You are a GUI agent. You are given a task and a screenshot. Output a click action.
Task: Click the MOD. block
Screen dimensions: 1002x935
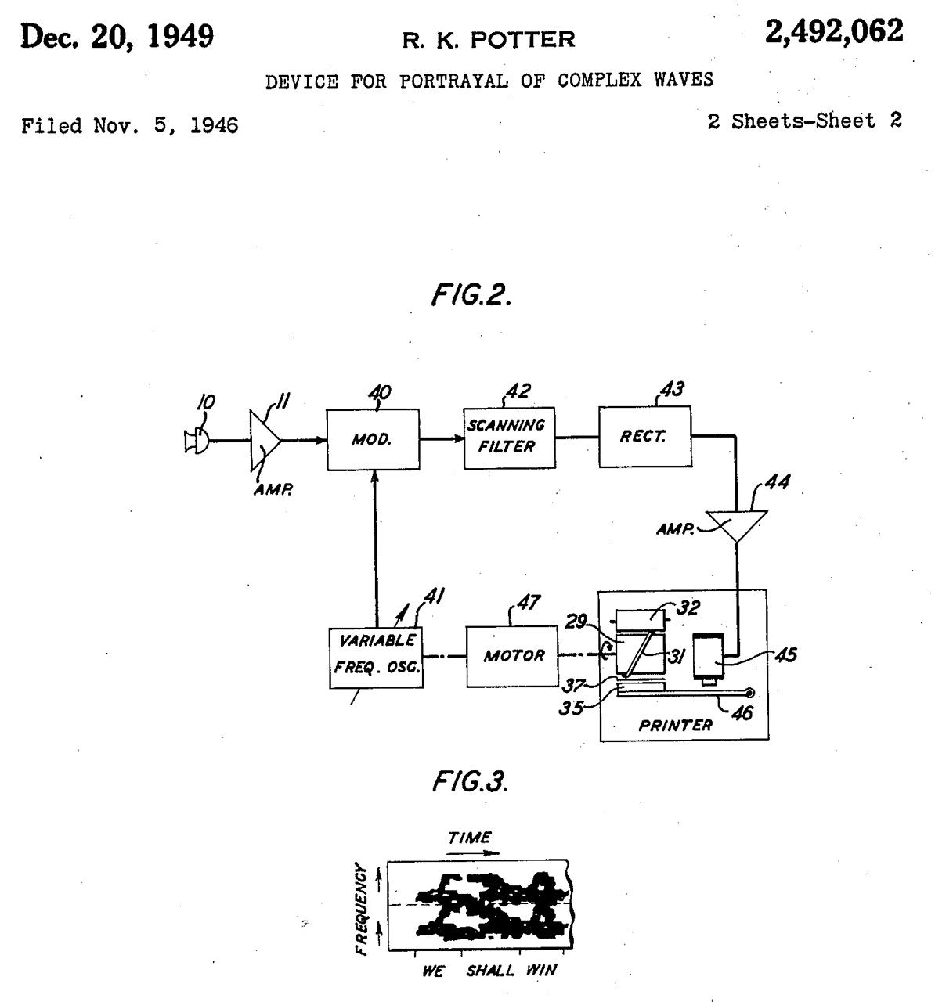click(x=372, y=439)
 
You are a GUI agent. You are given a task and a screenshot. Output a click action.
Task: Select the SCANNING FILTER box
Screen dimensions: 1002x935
click(x=508, y=438)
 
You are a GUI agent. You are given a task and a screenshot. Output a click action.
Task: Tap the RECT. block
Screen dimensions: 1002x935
click(x=644, y=437)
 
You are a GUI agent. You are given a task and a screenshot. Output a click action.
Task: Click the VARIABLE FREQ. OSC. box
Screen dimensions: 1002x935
click(x=377, y=656)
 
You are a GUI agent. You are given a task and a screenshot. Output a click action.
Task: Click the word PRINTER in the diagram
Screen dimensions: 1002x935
click(x=675, y=726)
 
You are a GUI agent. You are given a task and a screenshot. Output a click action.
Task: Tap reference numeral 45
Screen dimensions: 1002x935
click(x=785, y=654)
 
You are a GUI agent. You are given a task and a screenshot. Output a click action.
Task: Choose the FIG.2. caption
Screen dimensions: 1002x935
click(x=471, y=294)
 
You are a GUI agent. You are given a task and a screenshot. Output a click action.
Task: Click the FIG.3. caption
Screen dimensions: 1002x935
click(x=471, y=780)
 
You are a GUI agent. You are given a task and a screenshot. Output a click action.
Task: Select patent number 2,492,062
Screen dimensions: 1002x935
click(x=833, y=33)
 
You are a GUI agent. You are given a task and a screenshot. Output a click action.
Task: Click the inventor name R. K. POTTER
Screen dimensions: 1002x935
click(x=489, y=39)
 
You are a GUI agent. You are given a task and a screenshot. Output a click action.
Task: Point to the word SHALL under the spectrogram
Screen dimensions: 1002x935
click(x=491, y=971)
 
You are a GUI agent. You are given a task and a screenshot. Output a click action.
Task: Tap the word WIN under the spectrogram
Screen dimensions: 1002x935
click(x=541, y=971)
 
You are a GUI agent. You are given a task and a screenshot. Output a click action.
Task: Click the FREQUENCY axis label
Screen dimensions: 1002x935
click(x=362, y=909)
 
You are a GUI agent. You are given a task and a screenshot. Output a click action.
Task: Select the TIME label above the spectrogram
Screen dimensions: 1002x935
click(x=470, y=838)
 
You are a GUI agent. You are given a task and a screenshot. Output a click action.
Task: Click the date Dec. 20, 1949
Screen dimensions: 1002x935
click(x=117, y=37)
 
